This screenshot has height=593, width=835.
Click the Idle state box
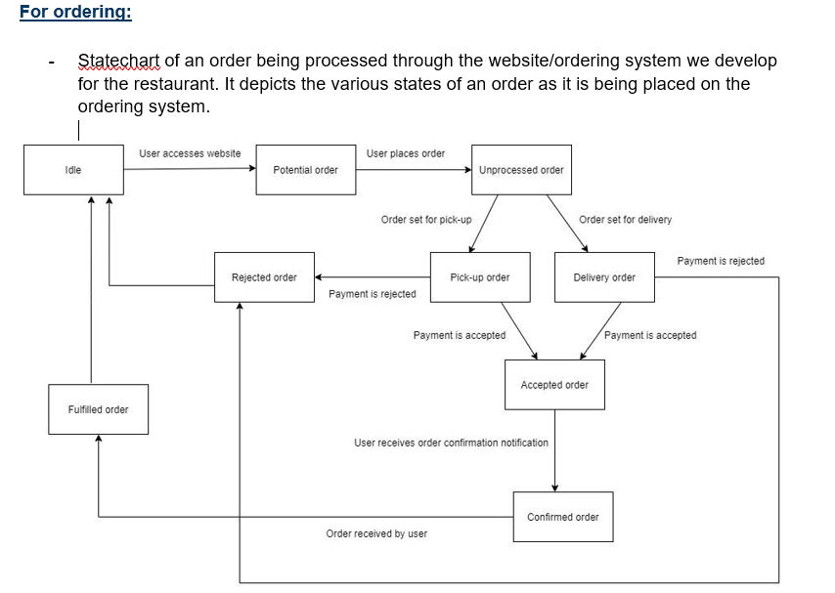[x=73, y=170]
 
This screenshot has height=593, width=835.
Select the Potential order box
[x=305, y=170]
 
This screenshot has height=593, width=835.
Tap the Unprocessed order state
[x=521, y=170]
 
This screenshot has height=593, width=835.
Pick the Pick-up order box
[x=479, y=277]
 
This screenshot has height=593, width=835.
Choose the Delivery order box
[x=604, y=277]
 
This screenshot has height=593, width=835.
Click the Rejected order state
[x=264, y=277]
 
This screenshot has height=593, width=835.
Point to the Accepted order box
[x=554, y=385]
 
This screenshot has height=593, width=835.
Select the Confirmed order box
[x=563, y=517]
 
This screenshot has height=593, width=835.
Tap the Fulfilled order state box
[x=99, y=409]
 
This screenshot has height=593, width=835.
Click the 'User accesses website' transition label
[x=190, y=153]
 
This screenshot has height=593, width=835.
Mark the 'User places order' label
[x=406, y=153]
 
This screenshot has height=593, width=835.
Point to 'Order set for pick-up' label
[x=426, y=220]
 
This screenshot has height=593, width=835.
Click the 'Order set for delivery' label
[x=625, y=220]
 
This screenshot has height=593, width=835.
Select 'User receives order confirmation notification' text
[x=451, y=443]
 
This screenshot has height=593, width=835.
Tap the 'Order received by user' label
[x=376, y=533]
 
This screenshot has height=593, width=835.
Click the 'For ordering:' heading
[x=75, y=13]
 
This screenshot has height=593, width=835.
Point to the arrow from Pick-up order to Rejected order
[x=372, y=277]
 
